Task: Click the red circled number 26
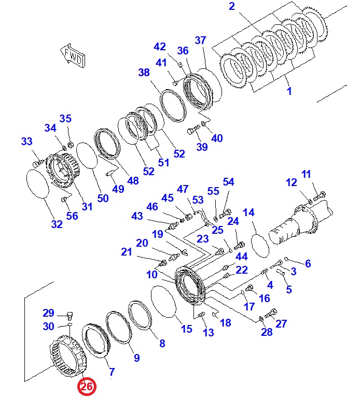(87, 387)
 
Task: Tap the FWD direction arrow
(73, 56)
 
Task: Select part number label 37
(200, 40)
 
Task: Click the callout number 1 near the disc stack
(289, 91)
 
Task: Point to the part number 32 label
(57, 224)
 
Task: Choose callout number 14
(248, 212)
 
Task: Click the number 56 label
(72, 216)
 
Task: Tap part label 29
(49, 313)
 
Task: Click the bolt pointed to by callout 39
(193, 130)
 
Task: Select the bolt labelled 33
(37, 163)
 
